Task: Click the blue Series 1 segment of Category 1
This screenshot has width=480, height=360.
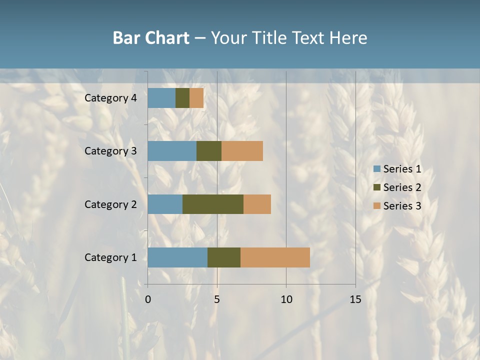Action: pos(177,257)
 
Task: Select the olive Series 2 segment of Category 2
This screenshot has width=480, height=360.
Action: pos(213,204)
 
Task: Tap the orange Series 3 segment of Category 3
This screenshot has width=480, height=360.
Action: pos(242,151)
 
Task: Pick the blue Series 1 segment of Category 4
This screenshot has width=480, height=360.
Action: pos(161,98)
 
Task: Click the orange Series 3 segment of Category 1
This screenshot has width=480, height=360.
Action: pos(275,257)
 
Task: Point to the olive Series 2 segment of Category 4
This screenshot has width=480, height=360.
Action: pos(182,98)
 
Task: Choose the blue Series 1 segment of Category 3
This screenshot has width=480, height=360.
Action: pos(172,151)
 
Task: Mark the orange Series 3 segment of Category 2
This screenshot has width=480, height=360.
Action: pos(257,204)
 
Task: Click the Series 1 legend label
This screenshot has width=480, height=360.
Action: pos(402,169)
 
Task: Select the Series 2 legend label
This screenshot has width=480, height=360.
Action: pos(402,187)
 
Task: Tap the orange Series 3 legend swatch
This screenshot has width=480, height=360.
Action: pos(377,206)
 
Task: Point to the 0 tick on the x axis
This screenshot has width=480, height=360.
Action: pos(148,299)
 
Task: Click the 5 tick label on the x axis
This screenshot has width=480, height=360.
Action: pos(217,299)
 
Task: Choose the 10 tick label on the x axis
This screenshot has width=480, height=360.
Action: pos(286,299)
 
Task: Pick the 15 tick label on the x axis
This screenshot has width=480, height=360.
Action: pos(355,299)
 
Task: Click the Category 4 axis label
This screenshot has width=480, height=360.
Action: pos(110,98)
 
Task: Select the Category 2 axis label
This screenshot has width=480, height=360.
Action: pos(110,204)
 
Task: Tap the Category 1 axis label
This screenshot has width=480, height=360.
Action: pos(110,257)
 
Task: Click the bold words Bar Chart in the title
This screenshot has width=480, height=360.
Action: pos(151,38)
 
